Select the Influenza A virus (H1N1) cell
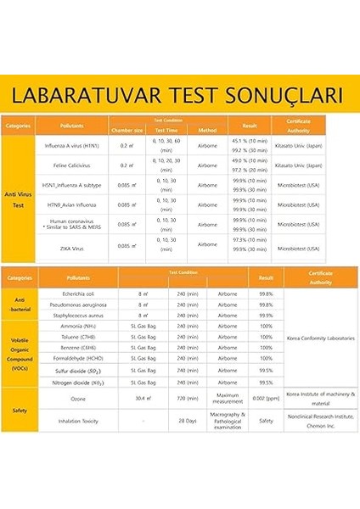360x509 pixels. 76,145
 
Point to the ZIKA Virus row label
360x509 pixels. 76,245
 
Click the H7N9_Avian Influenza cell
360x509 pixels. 76,204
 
